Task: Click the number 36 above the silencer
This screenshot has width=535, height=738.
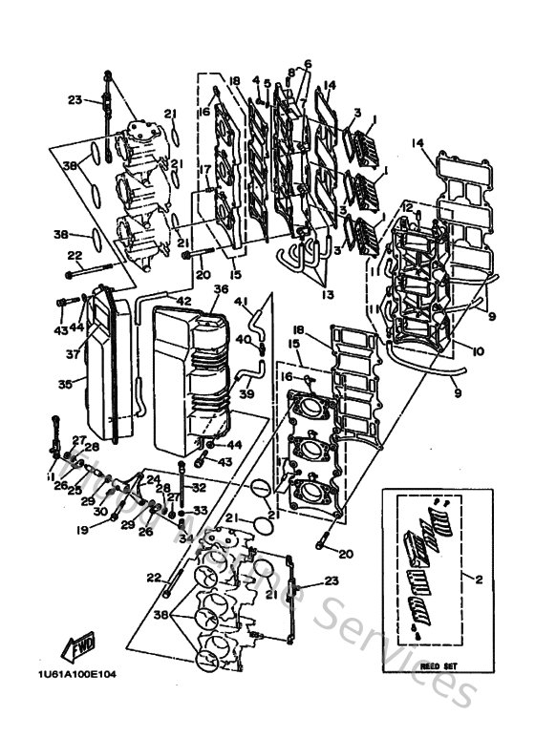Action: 221,288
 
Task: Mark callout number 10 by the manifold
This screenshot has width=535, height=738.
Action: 477,351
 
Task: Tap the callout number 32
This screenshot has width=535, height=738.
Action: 200,486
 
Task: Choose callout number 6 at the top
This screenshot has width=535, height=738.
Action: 307,64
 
